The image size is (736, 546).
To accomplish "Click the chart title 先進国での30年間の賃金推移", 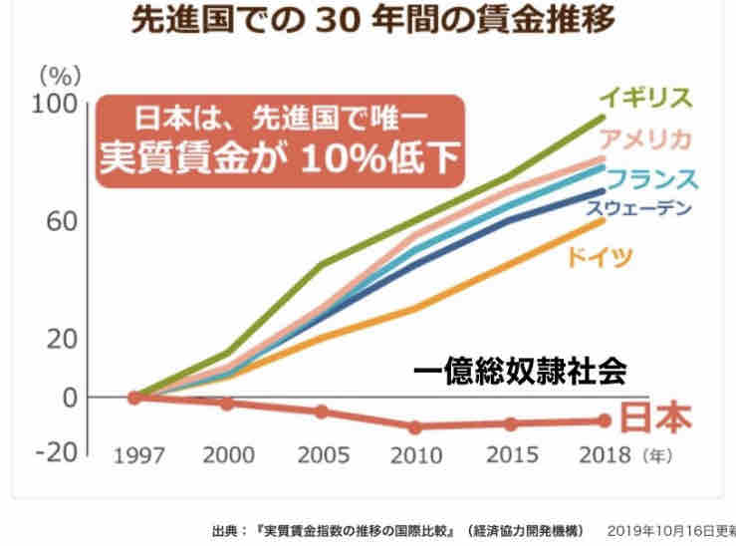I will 368,21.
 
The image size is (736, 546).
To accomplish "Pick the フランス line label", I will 651,179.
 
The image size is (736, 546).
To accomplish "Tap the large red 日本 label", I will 653,418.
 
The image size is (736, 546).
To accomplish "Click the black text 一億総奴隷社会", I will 521,372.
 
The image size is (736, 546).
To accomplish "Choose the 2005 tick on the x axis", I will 321,457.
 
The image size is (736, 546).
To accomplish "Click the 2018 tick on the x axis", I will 605,457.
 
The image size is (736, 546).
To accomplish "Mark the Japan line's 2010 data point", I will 415,427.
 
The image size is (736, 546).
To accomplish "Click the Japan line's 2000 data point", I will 227,404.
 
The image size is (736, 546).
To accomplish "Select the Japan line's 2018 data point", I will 604,420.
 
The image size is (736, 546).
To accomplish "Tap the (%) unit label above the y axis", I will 56,76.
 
